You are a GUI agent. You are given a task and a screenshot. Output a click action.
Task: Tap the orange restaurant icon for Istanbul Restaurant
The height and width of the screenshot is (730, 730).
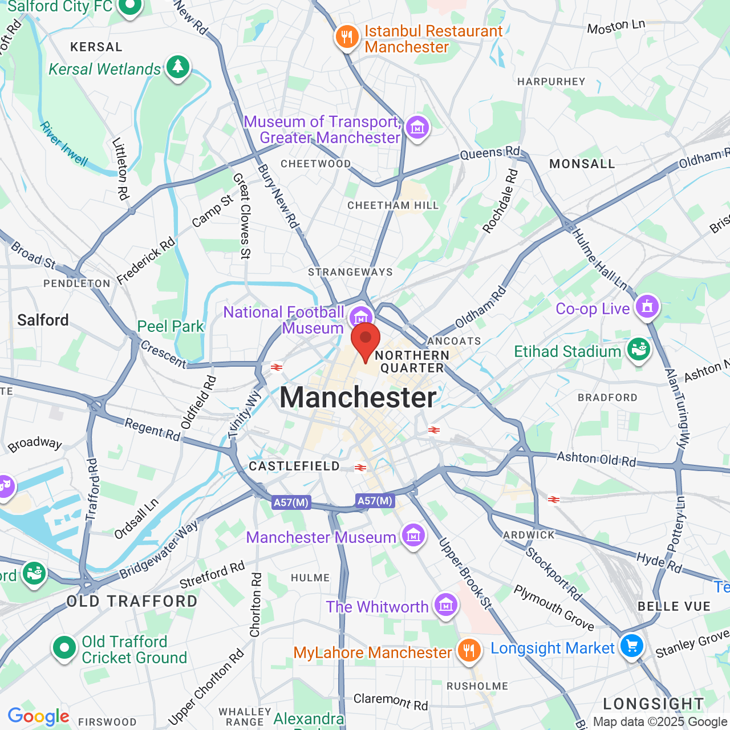point(346,37)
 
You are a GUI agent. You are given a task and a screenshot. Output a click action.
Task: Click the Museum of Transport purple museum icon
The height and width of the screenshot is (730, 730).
point(417,128)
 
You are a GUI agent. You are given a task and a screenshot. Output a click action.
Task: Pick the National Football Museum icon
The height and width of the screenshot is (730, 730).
point(360,317)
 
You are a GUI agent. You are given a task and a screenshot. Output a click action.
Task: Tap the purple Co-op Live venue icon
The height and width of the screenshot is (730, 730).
point(647,307)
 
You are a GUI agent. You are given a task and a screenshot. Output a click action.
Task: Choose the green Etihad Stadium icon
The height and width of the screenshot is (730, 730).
point(638,349)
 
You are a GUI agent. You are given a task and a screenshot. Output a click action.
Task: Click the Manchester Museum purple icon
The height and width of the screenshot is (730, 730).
point(413,536)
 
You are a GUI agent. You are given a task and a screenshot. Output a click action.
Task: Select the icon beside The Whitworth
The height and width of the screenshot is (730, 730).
point(445,605)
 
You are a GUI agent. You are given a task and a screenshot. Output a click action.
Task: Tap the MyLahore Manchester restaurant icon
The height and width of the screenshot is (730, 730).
point(469,650)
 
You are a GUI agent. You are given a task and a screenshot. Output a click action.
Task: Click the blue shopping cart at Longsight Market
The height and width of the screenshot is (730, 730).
point(631,646)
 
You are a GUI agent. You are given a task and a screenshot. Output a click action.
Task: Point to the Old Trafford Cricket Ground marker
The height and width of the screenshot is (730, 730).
point(64,648)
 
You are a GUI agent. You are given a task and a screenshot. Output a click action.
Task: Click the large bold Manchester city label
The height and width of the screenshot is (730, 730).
point(358,398)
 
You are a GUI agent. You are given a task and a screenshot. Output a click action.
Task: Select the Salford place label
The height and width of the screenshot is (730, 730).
point(43,320)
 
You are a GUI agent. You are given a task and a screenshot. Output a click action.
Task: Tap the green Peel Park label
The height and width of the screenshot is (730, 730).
point(170,326)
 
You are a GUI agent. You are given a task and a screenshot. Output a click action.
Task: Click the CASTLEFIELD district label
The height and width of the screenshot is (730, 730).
point(294,467)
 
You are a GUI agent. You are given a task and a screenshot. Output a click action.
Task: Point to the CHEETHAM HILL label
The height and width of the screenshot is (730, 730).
point(393,205)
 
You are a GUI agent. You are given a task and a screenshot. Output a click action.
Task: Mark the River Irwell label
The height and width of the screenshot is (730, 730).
point(64,144)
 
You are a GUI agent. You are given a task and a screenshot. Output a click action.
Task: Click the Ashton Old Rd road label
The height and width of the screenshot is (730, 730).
point(596,459)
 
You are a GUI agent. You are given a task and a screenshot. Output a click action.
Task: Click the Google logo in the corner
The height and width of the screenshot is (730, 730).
point(38,716)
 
